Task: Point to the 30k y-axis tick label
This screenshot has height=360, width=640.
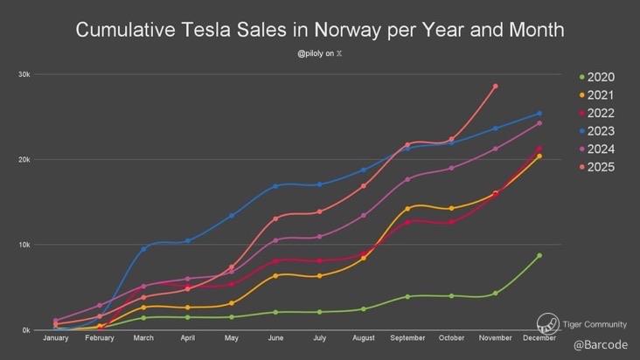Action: (24, 74)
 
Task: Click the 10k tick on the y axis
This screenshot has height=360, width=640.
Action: (24, 245)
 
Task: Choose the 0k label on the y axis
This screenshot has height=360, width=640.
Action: (26, 330)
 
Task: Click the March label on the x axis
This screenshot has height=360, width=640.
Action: (143, 338)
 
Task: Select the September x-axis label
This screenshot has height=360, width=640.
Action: (407, 338)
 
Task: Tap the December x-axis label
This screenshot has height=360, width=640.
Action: (539, 338)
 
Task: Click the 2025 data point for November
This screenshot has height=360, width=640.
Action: (496, 87)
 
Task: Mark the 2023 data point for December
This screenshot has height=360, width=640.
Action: (539, 114)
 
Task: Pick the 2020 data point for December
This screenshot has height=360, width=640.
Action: (539, 255)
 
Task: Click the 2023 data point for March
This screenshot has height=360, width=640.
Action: (143, 249)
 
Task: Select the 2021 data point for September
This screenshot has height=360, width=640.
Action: (407, 209)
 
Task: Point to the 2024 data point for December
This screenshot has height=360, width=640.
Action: (539, 123)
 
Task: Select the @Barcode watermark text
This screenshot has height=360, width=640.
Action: (601, 345)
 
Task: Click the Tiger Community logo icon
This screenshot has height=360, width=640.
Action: (548, 323)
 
